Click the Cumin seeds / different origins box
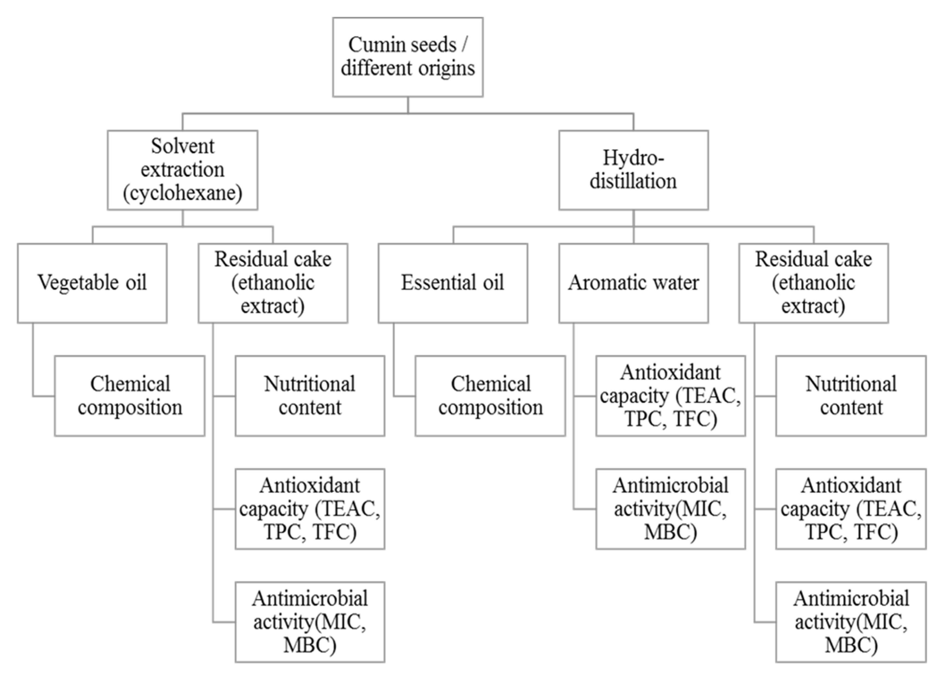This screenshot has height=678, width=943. [x=408, y=57]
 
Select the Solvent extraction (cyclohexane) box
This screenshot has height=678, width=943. [x=182, y=170]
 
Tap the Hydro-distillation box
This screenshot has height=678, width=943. [x=633, y=170]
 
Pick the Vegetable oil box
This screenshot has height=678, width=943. [x=92, y=283]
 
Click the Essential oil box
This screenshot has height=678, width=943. [x=453, y=283]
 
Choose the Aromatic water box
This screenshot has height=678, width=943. [x=633, y=283]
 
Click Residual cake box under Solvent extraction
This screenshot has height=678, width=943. [x=273, y=283]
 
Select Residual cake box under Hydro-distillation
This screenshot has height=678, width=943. [x=813, y=283]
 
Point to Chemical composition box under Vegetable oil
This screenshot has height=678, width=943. [x=129, y=396]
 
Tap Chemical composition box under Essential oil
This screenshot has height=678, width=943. [x=490, y=396]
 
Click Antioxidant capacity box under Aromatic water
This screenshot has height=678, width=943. [x=670, y=396]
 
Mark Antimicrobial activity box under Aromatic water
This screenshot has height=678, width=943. [x=670, y=509]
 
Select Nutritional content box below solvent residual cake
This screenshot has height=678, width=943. [x=310, y=396]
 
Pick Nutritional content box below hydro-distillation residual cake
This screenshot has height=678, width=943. [x=851, y=396]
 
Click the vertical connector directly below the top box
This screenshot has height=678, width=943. [x=408, y=105]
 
